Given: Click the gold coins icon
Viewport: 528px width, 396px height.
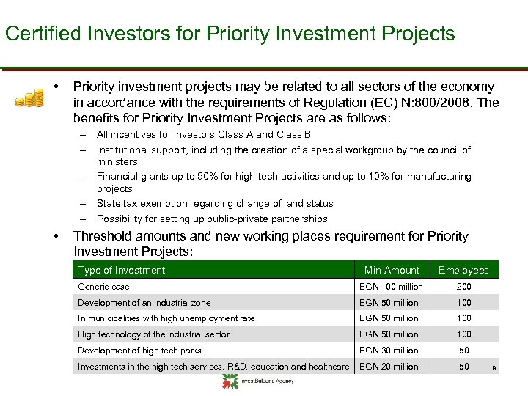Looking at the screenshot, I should pyautogui.click(x=30, y=98).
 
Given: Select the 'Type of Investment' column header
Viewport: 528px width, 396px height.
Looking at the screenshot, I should pyautogui.click(x=122, y=270).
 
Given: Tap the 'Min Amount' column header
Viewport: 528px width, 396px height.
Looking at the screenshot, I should pyautogui.click(x=392, y=270).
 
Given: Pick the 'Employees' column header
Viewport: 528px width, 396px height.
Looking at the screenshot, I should pyautogui.click(x=463, y=270).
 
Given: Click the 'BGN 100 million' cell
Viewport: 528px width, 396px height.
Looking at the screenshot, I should pyautogui.click(x=391, y=287).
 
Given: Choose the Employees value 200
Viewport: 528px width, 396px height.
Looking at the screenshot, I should pyautogui.click(x=463, y=287).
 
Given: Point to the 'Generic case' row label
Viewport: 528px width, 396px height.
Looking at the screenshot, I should pyautogui.click(x=103, y=287).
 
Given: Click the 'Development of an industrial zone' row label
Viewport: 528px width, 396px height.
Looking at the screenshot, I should pyautogui.click(x=144, y=303).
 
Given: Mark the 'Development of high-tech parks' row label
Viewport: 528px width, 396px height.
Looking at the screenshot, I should pyautogui.click(x=139, y=351).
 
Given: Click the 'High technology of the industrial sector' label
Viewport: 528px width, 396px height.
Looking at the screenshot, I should pyautogui.click(x=153, y=334).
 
